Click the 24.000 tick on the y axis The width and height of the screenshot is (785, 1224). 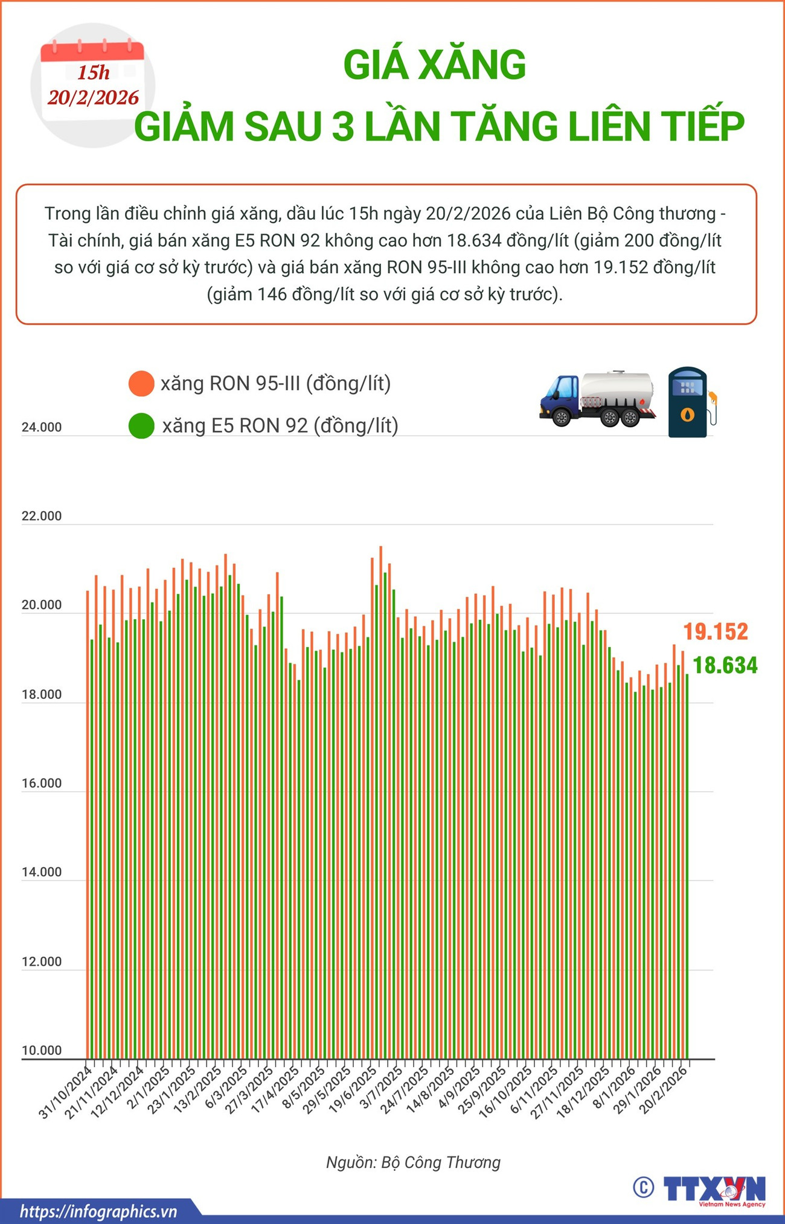tap(42, 427)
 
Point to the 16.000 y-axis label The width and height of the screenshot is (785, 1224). tap(42, 783)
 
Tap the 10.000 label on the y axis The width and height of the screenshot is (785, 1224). tap(42, 1050)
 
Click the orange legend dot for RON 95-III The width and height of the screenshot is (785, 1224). tap(141, 384)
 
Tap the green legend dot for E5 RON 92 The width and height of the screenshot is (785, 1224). tap(141, 426)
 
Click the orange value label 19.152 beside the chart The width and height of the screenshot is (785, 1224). tap(716, 631)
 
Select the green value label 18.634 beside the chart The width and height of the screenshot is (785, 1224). tap(725, 665)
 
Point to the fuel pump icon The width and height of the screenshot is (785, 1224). tap(688, 403)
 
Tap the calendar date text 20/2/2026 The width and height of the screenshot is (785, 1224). tap(94, 97)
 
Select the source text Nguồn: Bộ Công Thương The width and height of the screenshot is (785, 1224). tap(413, 1162)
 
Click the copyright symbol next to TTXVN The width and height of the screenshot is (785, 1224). tap(644, 1187)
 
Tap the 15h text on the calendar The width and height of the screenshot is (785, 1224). tap(94, 72)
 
